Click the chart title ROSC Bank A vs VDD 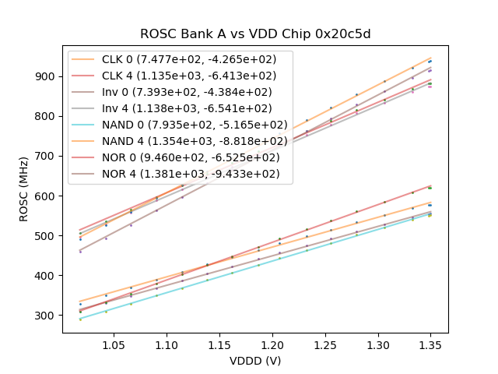[x=254, y=34]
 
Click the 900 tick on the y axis [x=47, y=76]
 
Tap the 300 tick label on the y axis [x=47, y=316]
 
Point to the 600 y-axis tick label [x=47, y=196]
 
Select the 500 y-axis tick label [x=47, y=236]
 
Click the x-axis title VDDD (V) [x=254, y=361]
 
